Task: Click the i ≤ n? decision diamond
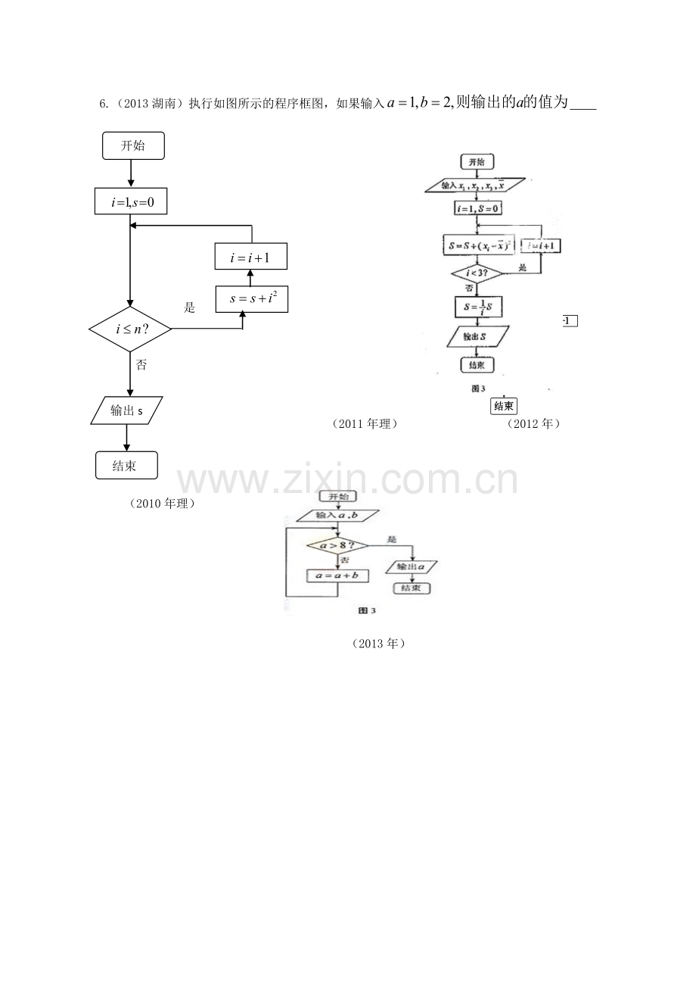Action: pyautogui.click(x=130, y=329)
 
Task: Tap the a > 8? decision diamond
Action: pyautogui.click(x=337, y=545)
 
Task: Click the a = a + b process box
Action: pyautogui.click(x=337, y=576)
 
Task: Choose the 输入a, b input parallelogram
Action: pyautogui.click(x=337, y=516)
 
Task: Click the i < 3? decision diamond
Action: pyautogui.click(x=477, y=273)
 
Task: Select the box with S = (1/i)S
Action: pyautogui.click(x=477, y=306)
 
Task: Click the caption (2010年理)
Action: pyautogui.click(x=163, y=504)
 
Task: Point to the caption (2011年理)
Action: pyautogui.click(x=364, y=424)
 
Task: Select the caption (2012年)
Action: pyautogui.click(x=533, y=424)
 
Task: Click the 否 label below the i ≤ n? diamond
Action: pyautogui.click(x=141, y=365)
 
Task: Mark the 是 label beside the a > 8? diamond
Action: pyautogui.click(x=391, y=539)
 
